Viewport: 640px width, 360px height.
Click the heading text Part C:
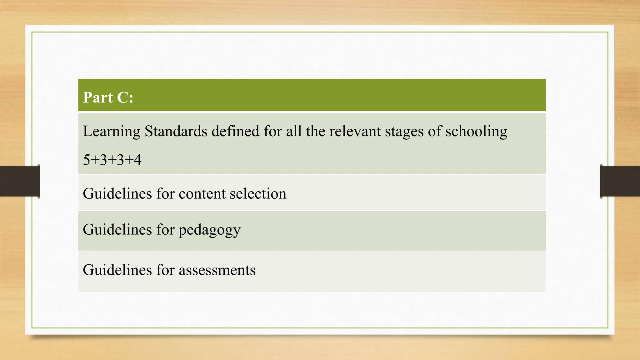[108, 97]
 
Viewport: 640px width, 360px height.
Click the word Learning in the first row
[112, 132]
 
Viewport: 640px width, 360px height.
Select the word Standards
[176, 131]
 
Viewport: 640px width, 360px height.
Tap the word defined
[235, 131]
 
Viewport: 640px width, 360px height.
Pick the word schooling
[476, 132]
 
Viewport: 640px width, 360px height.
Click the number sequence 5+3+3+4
[112, 160]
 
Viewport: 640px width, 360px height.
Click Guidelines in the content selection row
[117, 194]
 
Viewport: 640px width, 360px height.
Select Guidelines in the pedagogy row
[117, 230]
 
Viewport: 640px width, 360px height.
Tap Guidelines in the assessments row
[117, 270]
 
